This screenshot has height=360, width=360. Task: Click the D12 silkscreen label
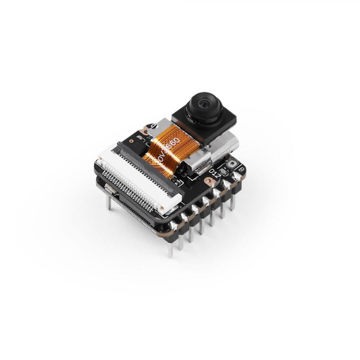pos(214,173)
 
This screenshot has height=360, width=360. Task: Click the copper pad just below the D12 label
pos(209,181)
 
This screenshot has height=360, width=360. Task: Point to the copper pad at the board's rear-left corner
pos(143,131)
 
